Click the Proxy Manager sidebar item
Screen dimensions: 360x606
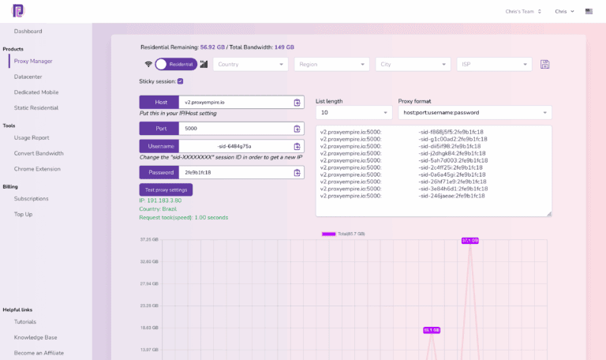[33, 61]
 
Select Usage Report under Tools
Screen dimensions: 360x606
[32, 137]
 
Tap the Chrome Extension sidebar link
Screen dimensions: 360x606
[37, 168]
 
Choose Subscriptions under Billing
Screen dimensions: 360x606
[31, 199]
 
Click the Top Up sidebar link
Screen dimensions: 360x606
[23, 214]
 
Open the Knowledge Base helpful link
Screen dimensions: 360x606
[36, 337]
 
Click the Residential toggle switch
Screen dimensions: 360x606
[175, 65]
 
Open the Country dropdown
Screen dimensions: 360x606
[250, 65]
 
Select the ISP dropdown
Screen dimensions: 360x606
[494, 65]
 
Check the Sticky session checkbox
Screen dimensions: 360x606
[181, 81]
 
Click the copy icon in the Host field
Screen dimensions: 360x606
[297, 102]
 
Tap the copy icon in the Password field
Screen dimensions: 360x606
[297, 172]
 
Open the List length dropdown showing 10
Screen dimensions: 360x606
[353, 113]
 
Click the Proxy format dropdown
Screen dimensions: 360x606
[474, 113]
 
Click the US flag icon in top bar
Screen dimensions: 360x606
[589, 12]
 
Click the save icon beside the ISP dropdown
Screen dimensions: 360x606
[544, 65]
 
